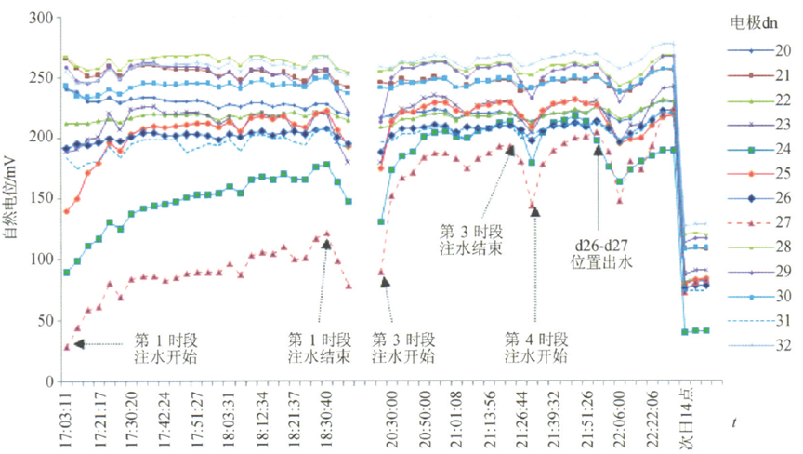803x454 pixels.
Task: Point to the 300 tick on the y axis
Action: tap(41, 18)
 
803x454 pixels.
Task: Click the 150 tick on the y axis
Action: tap(41, 200)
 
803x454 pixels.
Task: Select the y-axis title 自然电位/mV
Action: tap(11, 199)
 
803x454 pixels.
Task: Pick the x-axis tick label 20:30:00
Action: tap(389, 415)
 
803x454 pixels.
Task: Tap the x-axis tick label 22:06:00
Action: tap(616, 415)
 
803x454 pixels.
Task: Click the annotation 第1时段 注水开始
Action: tap(166, 347)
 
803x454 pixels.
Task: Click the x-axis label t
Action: tap(734, 424)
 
